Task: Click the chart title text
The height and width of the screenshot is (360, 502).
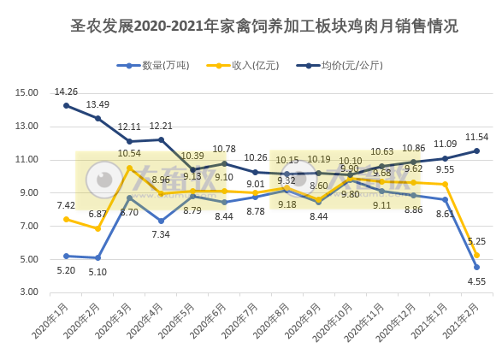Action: [x=251, y=26]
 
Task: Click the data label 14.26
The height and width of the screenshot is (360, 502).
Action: [x=66, y=91]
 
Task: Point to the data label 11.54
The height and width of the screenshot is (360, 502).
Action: [x=476, y=137]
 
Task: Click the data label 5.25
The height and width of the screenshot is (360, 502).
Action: [x=476, y=242]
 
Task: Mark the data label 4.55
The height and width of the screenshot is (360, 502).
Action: [x=476, y=280]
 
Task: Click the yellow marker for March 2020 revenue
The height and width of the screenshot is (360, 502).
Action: [x=129, y=168]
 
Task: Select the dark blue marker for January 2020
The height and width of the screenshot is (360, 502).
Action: [x=66, y=106]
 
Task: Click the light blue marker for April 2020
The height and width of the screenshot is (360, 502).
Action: [x=161, y=221]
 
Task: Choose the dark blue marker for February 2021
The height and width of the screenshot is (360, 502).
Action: [x=476, y=150]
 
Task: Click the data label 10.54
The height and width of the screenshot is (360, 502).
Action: [x=128, y=154]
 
